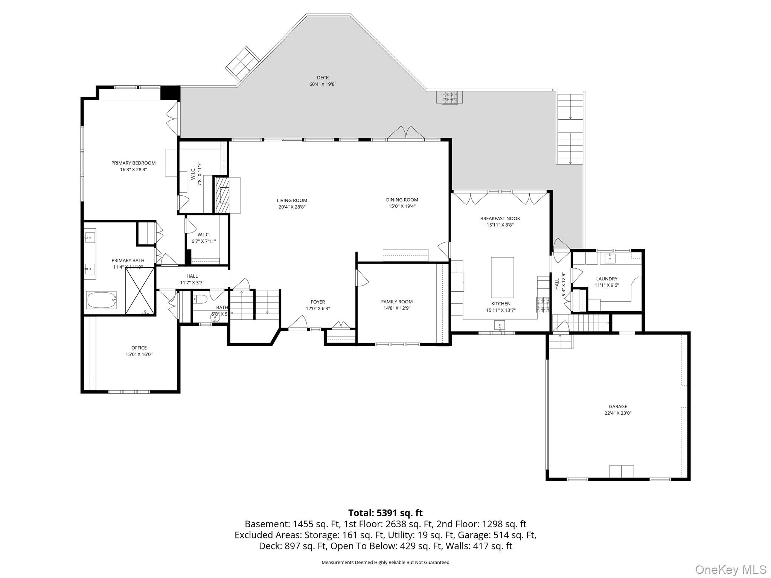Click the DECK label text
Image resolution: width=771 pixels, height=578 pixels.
point(323,78)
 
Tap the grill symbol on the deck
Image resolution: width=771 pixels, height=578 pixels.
point(449,98)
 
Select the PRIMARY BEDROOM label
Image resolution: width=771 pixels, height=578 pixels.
point(133,163)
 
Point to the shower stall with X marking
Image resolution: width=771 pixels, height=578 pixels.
point(140,291)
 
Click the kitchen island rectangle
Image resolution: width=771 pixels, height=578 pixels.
point(502,277)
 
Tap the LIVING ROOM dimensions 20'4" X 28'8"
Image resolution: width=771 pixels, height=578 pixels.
point(292,207)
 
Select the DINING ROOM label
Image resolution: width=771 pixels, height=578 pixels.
point(402,200)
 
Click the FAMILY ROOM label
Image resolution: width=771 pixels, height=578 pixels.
point(397,302)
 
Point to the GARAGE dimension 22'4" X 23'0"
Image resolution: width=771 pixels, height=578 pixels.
point(618,413)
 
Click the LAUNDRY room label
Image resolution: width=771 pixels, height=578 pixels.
point(606,279)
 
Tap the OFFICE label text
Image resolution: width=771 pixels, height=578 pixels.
point(139,348)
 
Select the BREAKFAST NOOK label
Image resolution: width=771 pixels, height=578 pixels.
point(500,218)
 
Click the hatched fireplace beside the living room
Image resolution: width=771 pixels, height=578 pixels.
point(222,195)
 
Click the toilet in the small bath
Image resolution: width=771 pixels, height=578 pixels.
point(200,300)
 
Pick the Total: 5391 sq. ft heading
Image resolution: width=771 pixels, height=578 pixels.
point(385,513)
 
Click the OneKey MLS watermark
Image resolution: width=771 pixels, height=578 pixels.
point(730,569)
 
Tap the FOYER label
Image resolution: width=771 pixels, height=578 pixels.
point(318,302)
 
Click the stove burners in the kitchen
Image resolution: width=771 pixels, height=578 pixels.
point(542,305)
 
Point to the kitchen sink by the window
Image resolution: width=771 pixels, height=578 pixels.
point(500,324)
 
